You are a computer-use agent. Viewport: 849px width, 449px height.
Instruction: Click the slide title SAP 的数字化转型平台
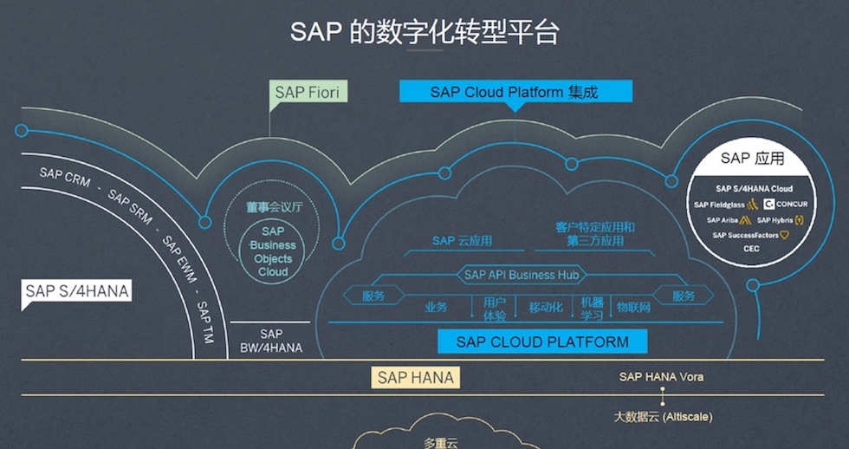coord(424,32)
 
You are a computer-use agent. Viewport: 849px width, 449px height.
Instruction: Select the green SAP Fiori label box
coord(307,92)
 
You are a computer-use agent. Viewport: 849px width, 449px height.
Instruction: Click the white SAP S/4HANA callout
coord(77,291)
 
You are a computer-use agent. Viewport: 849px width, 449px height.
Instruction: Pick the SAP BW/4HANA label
coord(270,341)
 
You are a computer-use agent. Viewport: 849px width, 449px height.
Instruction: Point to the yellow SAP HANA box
coord(415,377)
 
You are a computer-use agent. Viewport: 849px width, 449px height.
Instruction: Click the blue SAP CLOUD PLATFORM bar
coord(542,342)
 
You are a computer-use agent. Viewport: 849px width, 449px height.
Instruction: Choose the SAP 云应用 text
coord(462,241)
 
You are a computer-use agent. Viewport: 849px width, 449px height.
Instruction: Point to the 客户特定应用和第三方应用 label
coord(595,234)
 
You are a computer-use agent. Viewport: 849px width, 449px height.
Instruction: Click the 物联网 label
coord(632,308)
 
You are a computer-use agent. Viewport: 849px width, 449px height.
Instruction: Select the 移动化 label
coord(546,308)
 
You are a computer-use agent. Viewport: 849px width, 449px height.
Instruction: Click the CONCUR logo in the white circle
coord(786,205)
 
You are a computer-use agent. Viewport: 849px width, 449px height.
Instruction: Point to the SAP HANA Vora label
coord(661,377)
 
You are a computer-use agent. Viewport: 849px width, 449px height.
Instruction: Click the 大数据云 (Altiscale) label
coord(663,417)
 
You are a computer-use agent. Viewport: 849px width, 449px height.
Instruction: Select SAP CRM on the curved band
coord(64,175)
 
